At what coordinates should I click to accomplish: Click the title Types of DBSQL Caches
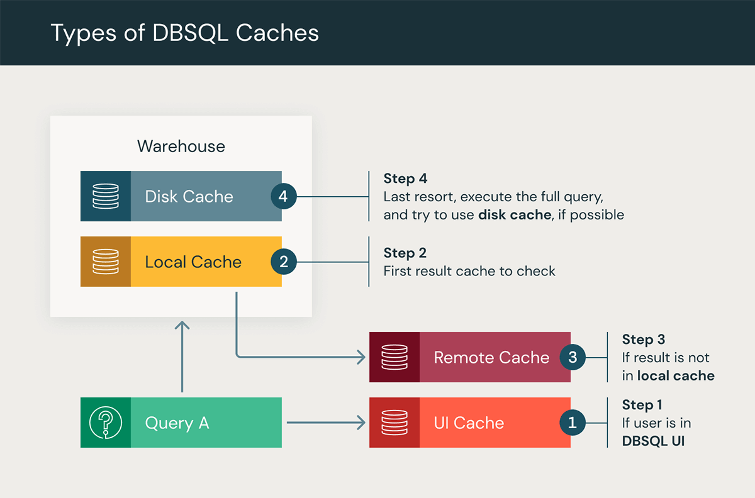tap(184, 33)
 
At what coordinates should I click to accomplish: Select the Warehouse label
tap(181, 147)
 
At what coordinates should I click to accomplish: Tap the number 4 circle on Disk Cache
tap(283, 196)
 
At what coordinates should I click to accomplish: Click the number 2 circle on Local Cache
tap(283, 262)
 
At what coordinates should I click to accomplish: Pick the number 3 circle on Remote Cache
tap(572, 357)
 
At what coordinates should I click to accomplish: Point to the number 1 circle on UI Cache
tap(572, 423)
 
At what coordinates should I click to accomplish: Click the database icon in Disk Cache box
tap(106, 196)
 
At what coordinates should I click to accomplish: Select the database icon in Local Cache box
tap(106, 262)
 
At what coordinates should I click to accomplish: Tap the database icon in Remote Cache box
tap(394, 357)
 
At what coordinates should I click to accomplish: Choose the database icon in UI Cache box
tap(394, 423)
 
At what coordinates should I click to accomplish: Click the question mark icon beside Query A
tap(106, 423)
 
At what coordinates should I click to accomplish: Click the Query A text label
tap(177, 423)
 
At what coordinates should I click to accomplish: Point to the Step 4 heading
tap(405, 179)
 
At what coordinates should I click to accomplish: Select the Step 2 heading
tap(405, 253)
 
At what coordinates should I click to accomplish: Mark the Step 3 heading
tap(643, 340)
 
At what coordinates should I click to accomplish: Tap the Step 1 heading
tap(642, 404)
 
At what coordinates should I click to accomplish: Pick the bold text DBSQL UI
tap(653, 441)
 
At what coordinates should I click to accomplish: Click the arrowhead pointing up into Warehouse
tap(182, 326)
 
